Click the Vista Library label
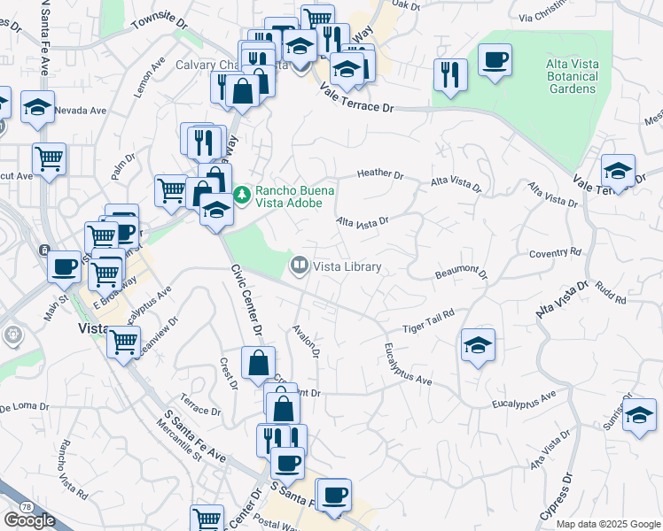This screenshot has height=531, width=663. pos(347,266)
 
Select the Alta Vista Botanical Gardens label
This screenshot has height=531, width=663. pos(572,77)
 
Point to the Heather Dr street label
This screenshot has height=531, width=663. pos(379,174)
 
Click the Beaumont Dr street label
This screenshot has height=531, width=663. pos(461,272)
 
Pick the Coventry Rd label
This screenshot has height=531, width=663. pos(554,253)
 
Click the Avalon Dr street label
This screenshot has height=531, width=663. pos(307,341)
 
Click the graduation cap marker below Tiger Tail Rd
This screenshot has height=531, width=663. pos(479,345)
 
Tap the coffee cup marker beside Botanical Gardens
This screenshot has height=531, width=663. pos(495,61)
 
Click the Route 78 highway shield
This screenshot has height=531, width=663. pos(27,506)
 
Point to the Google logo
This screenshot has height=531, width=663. pos(29,520)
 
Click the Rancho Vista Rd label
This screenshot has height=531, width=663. pos(72,470)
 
